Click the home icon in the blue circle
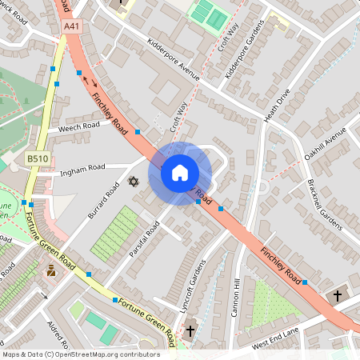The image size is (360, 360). point(180,172)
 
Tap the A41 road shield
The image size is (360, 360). point(73,26)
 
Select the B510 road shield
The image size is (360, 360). point(38,158)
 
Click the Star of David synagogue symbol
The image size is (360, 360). point(134,182)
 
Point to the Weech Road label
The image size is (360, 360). point(78,126)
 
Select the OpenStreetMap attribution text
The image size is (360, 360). point(80,354)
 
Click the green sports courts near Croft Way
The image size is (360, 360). point(207,14)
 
